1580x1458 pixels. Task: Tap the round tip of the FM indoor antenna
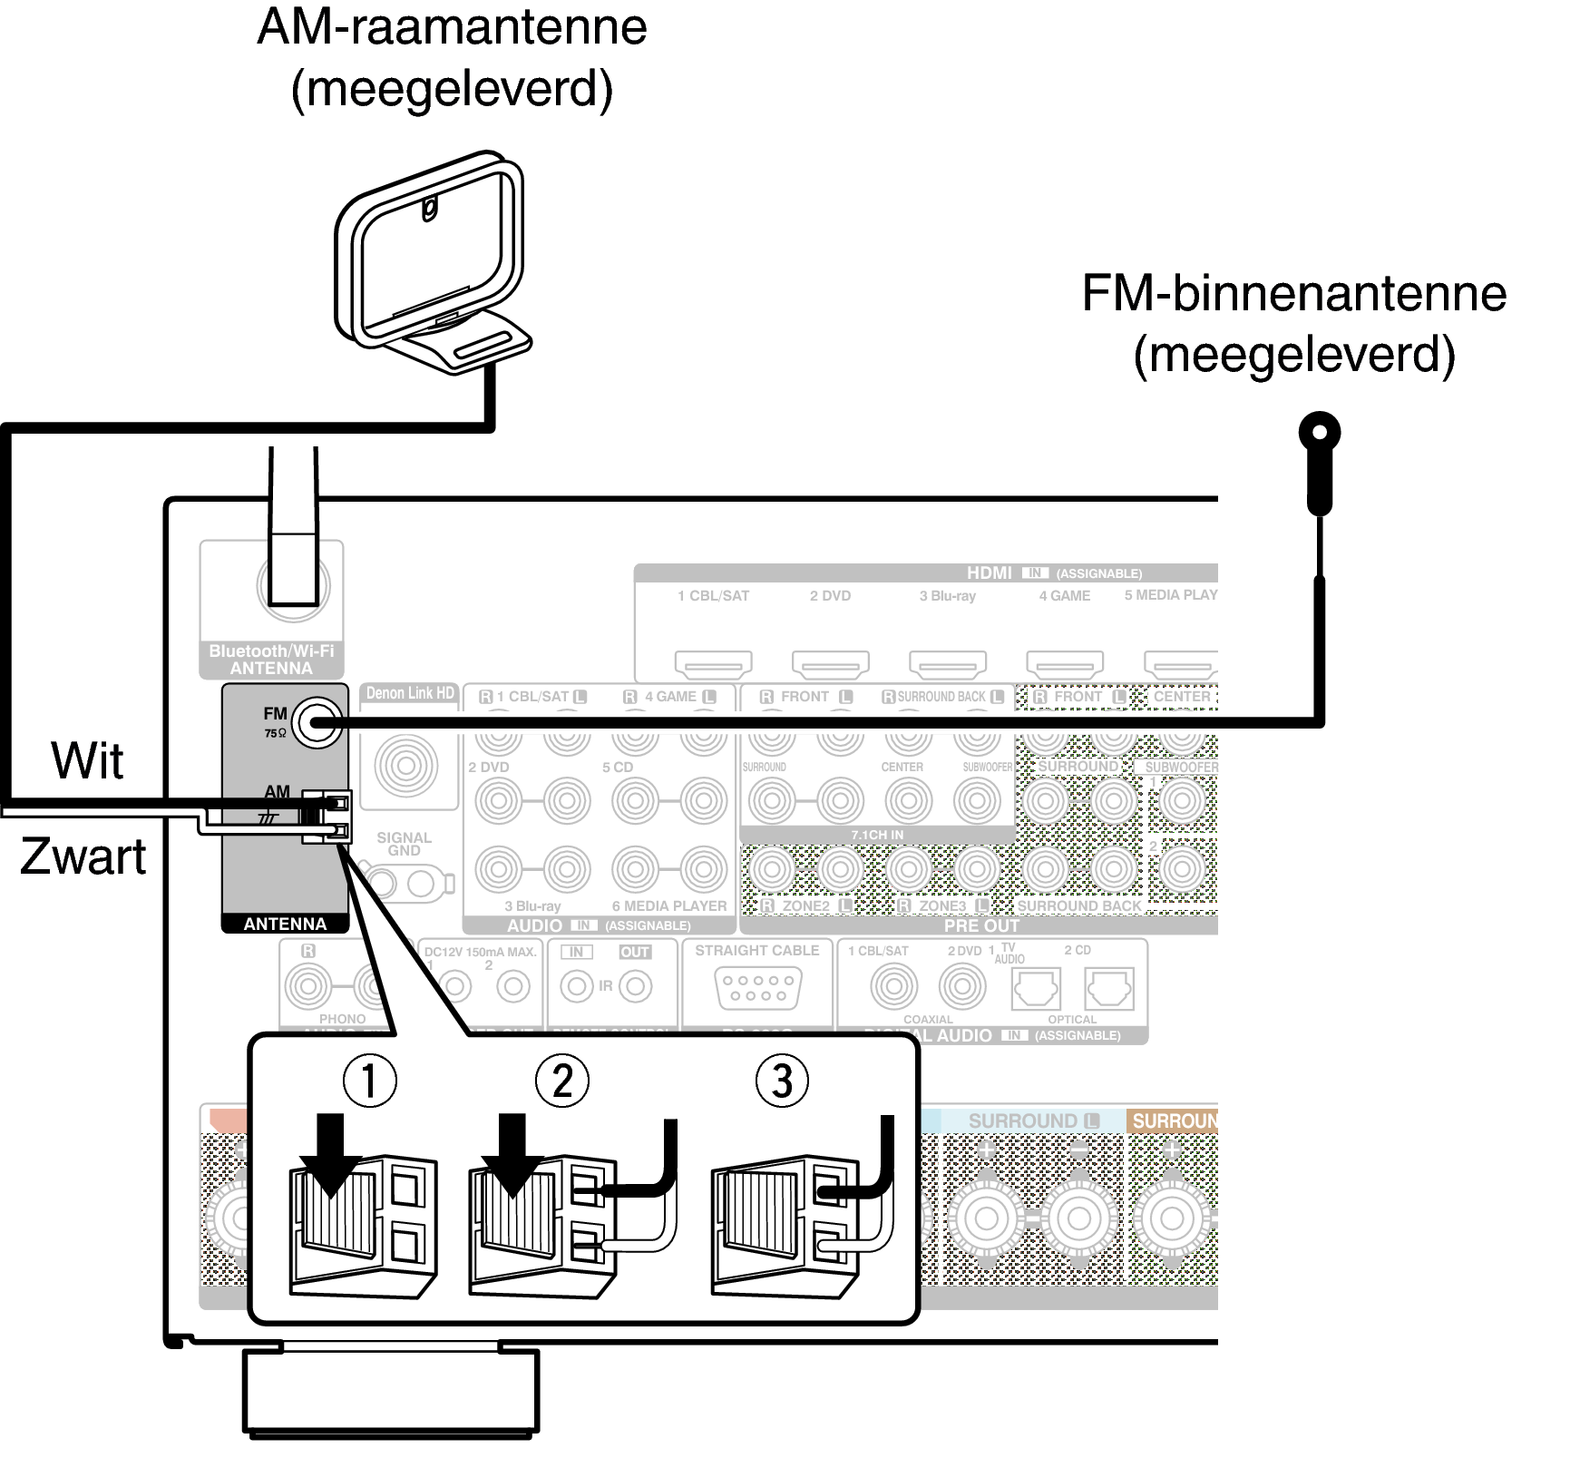[1320, 433]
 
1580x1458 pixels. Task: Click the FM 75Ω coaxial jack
[320, 723]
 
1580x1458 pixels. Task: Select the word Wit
[87, 760]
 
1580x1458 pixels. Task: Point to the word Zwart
[83, 856]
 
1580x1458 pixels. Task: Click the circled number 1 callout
[369, 1081]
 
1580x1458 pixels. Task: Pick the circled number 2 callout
[562, 1081]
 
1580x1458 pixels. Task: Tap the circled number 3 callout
[782, 1081]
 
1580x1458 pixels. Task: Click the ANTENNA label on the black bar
[285, 924]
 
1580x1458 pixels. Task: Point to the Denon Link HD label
[410, 693]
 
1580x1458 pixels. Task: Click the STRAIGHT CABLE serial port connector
[756, 988]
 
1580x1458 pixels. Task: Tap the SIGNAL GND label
[404, 844]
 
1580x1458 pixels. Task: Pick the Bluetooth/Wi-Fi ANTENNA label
[271, 660]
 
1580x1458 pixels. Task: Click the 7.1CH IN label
[877, 835]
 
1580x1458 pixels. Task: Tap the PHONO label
[342, 1019]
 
